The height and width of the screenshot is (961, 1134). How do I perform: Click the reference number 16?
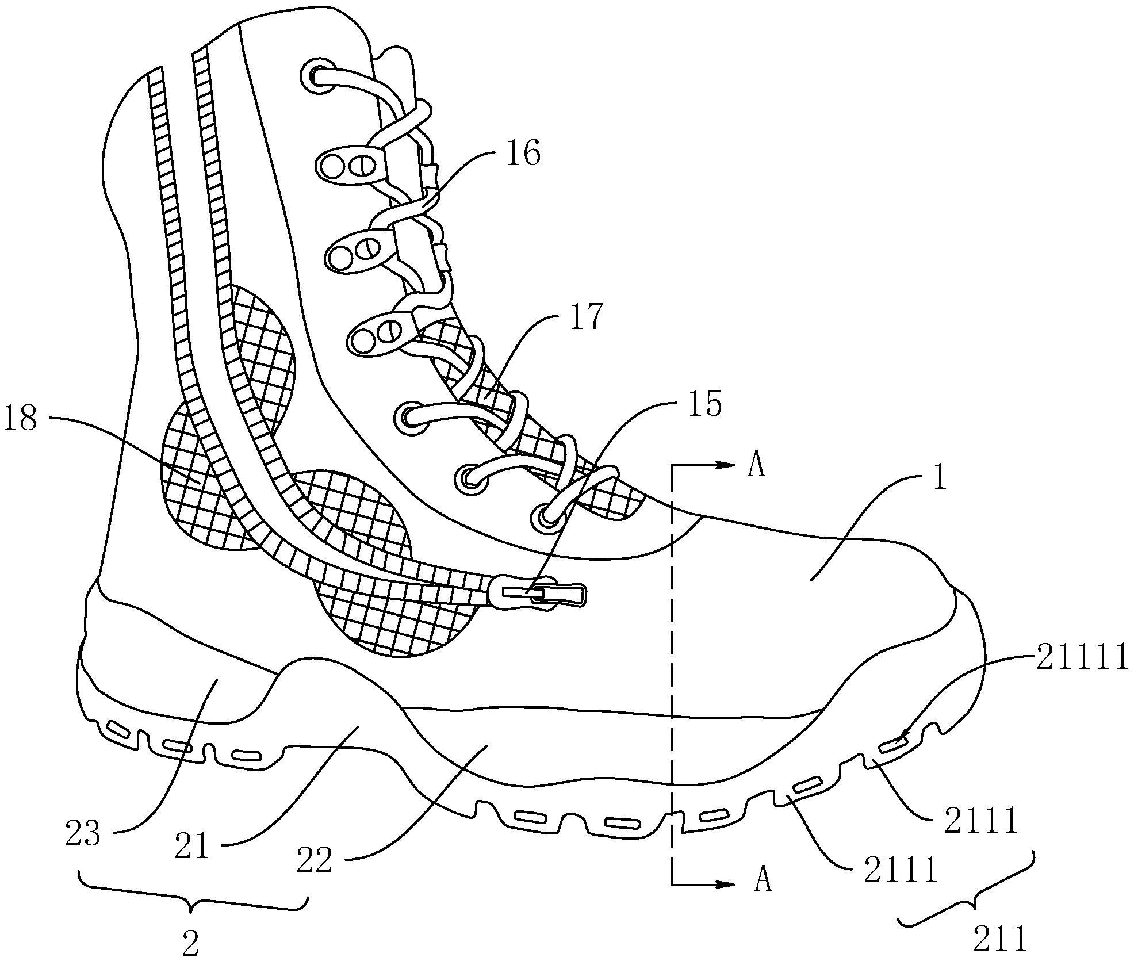tap(523, 154)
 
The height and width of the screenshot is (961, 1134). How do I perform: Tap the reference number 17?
tap(587, 316)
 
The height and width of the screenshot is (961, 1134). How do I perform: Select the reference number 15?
tap(705, 403)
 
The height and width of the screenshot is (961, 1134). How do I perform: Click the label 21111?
tap(1083, 657)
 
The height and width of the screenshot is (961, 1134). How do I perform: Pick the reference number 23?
tap(83, 834)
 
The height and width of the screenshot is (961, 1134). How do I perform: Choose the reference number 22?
tap(315, 862)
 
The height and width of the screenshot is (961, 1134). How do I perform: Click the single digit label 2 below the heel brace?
tap(190, 944)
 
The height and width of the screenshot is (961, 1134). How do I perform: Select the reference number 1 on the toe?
tap(939, 477)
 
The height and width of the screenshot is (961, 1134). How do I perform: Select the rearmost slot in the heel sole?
tap(118, 730)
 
